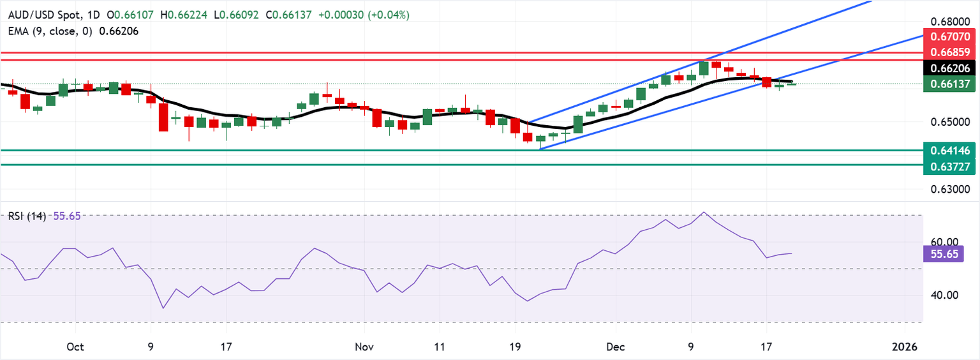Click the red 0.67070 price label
pyautogui.click(x=951, y=36)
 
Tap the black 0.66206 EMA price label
pyautogui.click(x=951, y=68)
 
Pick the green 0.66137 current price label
pyautogui.click(x=951, y=84)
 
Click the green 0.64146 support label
pyautogui.click(x=951, y=151)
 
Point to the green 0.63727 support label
pyautogui.click(x=951, y=166)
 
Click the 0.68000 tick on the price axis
pyautogui.click(x=951, y=20)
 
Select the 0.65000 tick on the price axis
pyautogui.click(x=951, y=121)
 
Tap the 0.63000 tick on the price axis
pyautogui.click(x=951, y=190)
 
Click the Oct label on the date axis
pyautogui.click(x=75, y=347)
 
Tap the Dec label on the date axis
pyautogui.click(x=615, y=347)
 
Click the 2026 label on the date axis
pyautogui.click(x=905, y=347)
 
